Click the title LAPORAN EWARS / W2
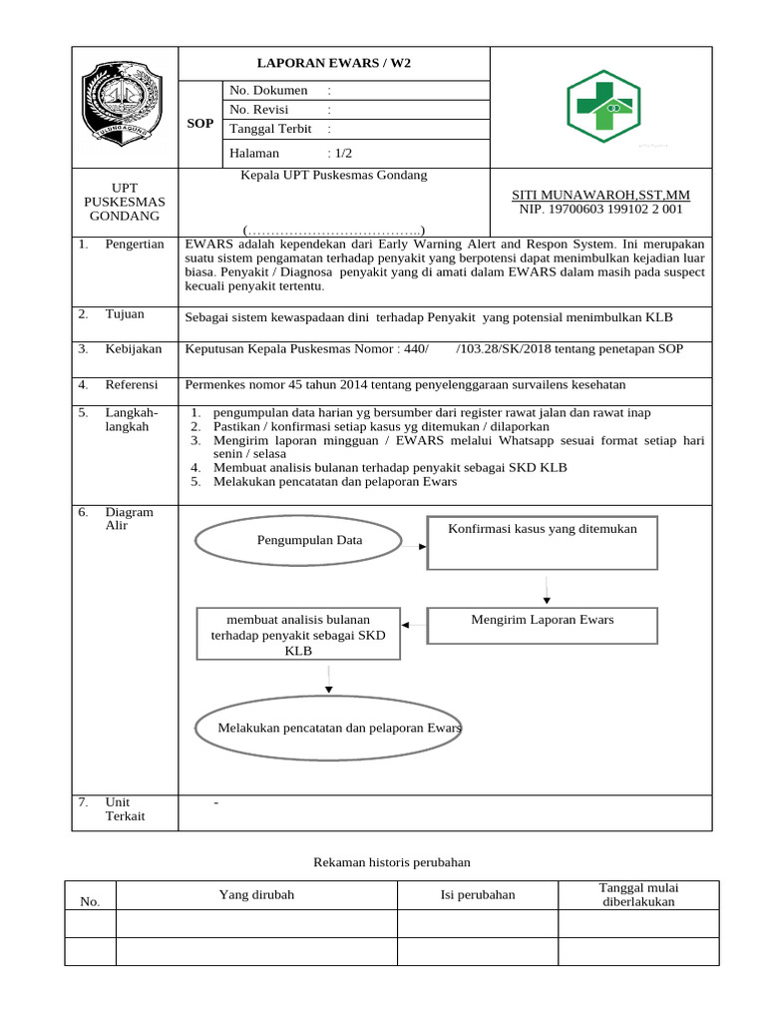click(333, 63)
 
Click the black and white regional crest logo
click(124, 104)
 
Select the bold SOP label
click(200, 124)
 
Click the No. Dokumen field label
click(268, 91)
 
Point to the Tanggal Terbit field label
click(270, 129)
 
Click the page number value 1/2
click(341, 154)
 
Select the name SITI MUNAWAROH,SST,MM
click(599, 195)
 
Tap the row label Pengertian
click(135, 245)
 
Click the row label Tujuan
click(125, 314)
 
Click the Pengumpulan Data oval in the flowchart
click(297, 540)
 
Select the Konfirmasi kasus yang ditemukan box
click(543, 542)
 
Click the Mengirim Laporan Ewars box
click(543, 625)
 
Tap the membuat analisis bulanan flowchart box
click(298, 634)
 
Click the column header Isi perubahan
click(478, 895)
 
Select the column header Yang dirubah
click(256, 895)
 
